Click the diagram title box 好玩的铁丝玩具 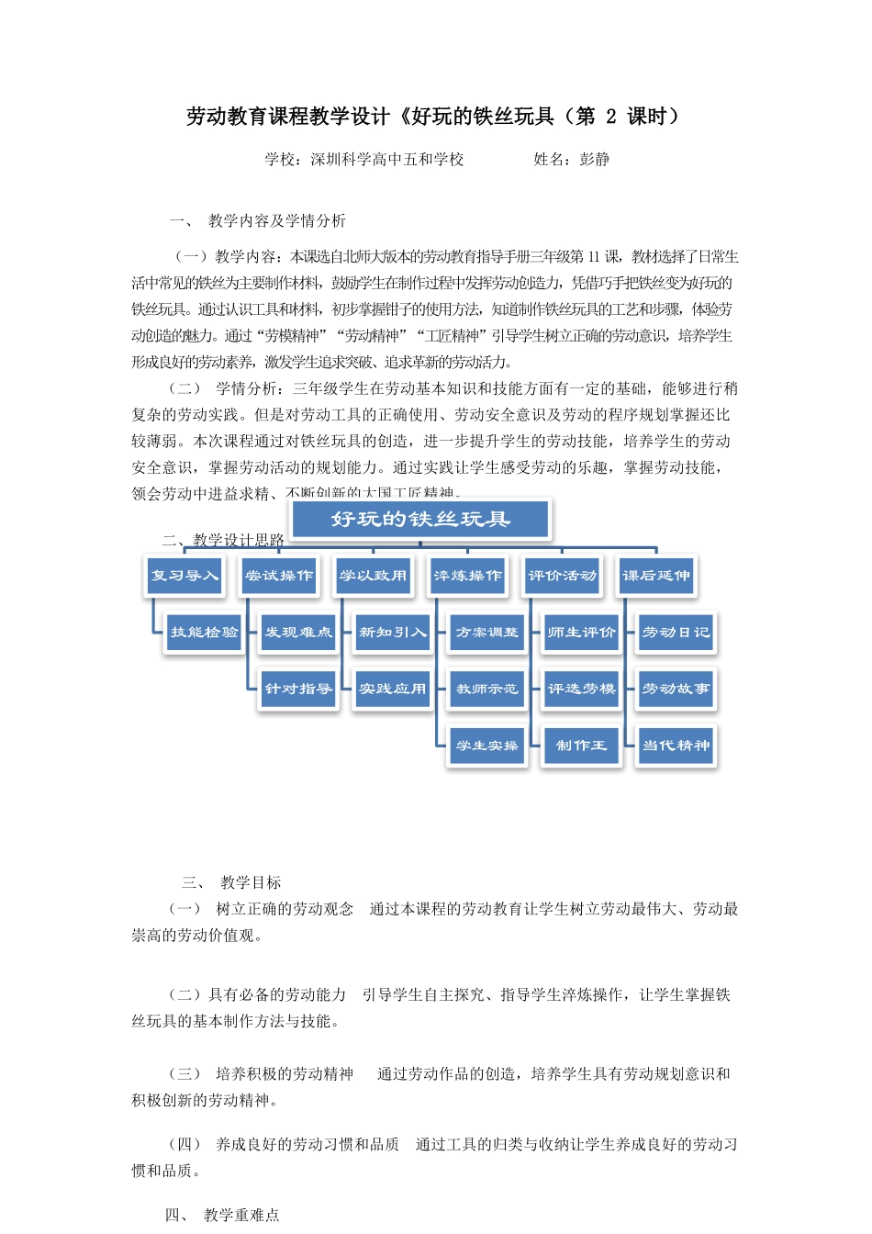[x=420, y=520]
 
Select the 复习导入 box [x=184, y=576]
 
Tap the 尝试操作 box [x=279, y=576]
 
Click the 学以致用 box [x=373, y=576]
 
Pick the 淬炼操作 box [x=467, y=576]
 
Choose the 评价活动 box [x=562, y=576]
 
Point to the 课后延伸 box [x=656, y=576]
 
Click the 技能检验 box [x=204, y=633]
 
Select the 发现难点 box [x=298, y=633]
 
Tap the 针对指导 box [x=298, y=689]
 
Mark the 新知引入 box [x=393, y=633]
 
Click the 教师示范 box [x=487, y=689]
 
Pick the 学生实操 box [x=487, y=746]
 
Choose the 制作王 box [x=581, y=746]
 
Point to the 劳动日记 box [x=676, y=633]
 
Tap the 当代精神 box [x=676, y=746]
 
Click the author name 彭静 [x=595, y=160]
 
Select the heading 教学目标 [x=251, y=883]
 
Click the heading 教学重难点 [x=241, y=1216]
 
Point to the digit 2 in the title [x=611, y=117]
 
